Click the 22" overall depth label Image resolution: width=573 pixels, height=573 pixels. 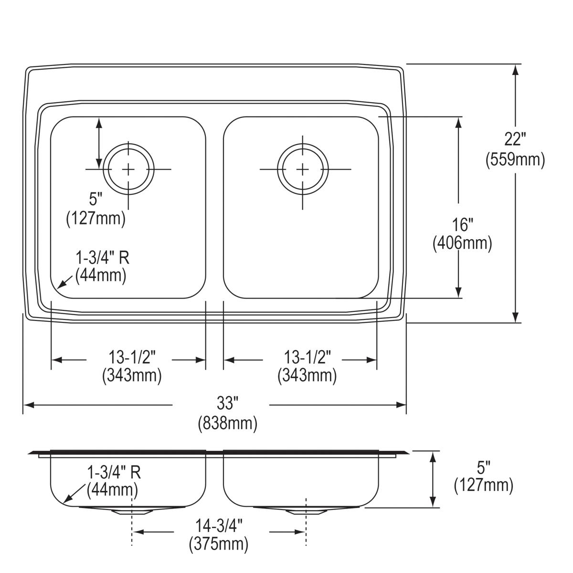coord(515,139)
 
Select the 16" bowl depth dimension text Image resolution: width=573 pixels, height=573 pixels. coord(462,223)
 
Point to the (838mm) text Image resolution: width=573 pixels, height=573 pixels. coord(228,423)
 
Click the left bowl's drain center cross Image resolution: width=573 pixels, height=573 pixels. coord(128,169)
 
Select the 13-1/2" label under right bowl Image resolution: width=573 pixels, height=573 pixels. coord(308,356)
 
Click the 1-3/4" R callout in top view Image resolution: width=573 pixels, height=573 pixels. coord(102,258)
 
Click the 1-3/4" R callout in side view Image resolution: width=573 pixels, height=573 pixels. coord(114,473)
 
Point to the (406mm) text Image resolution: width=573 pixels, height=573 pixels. coord(462,244)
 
